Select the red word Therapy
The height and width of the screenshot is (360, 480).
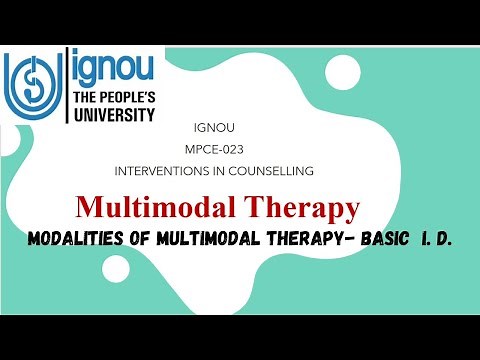click(x=308, y=209)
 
